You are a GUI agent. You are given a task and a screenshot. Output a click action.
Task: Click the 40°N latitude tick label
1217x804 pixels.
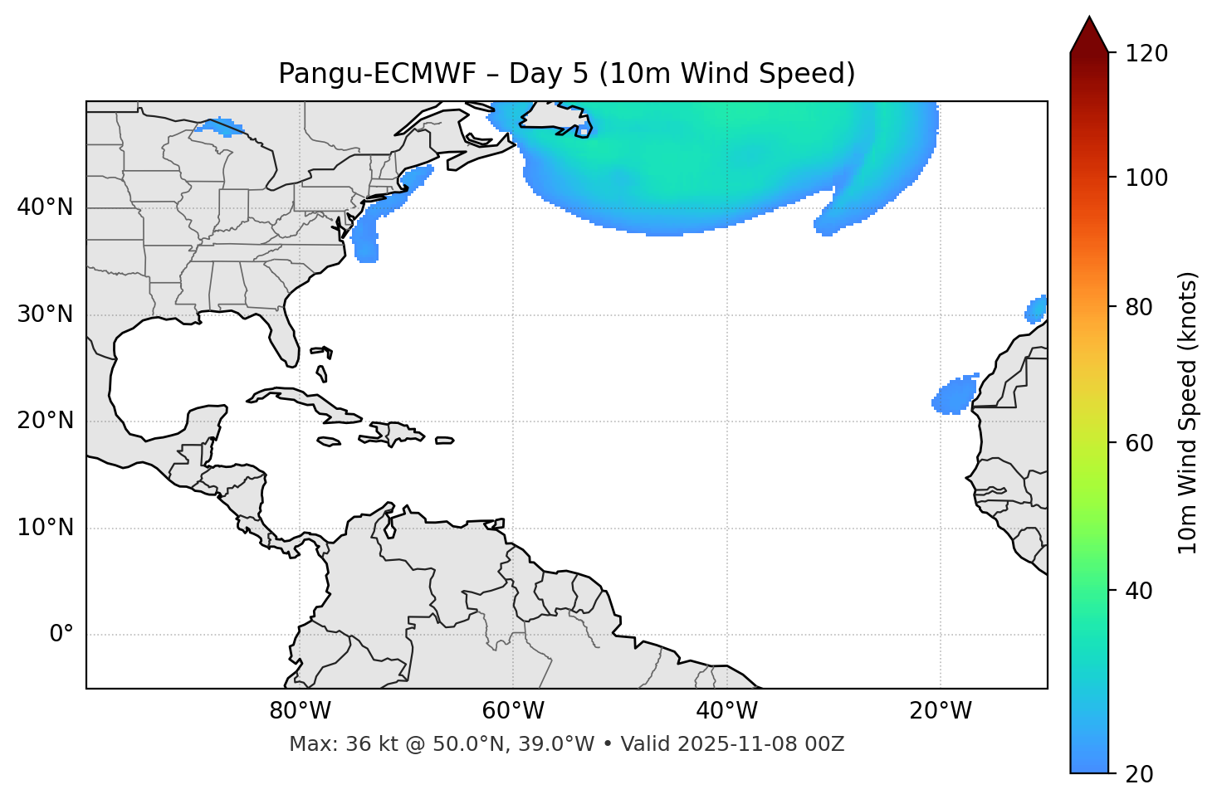point(45,207)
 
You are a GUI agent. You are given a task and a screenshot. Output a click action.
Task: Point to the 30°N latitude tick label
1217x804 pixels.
point(45,314)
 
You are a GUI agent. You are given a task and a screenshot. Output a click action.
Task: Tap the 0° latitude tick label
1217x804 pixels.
point(61,635)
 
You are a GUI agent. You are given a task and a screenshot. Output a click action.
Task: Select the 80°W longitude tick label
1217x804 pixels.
point(300,711)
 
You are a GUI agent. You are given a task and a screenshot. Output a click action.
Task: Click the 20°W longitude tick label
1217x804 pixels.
point(941,711)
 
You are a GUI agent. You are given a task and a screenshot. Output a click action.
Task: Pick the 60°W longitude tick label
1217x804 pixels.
point(513,711)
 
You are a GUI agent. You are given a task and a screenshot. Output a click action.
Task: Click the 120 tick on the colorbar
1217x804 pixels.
point(1147,54)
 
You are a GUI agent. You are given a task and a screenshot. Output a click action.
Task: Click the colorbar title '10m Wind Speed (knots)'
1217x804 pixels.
point(1188,412)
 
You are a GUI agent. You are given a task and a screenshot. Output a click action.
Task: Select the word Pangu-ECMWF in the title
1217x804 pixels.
point(377,74)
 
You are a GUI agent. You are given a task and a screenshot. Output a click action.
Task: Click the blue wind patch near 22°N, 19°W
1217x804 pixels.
point(955,397)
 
